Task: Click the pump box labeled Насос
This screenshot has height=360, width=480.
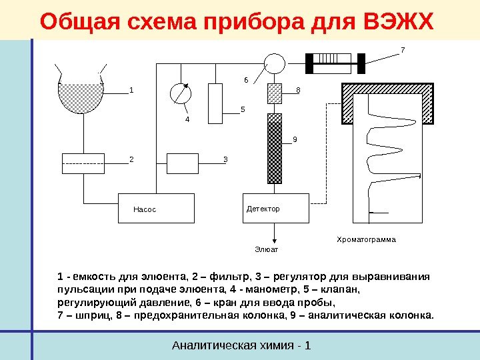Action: (x=156, y=208)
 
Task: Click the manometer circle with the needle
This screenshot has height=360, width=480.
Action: (x=180, y=93)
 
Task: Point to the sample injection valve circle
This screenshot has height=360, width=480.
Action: (x=273, y=63)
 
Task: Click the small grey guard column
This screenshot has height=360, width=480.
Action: (x=275, y=93)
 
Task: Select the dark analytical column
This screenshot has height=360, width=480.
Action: (x=275, y=148)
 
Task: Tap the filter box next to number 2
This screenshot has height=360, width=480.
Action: (x=83, y=162)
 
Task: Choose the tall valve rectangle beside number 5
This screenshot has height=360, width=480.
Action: (x=215, y=103)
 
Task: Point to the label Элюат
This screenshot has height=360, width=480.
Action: (x=265, y=249)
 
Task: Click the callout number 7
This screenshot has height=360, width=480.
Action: (x=403, y=50)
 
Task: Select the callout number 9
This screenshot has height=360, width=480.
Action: (x=295, y=140)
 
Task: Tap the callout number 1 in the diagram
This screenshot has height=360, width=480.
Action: (x=131, y=89)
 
